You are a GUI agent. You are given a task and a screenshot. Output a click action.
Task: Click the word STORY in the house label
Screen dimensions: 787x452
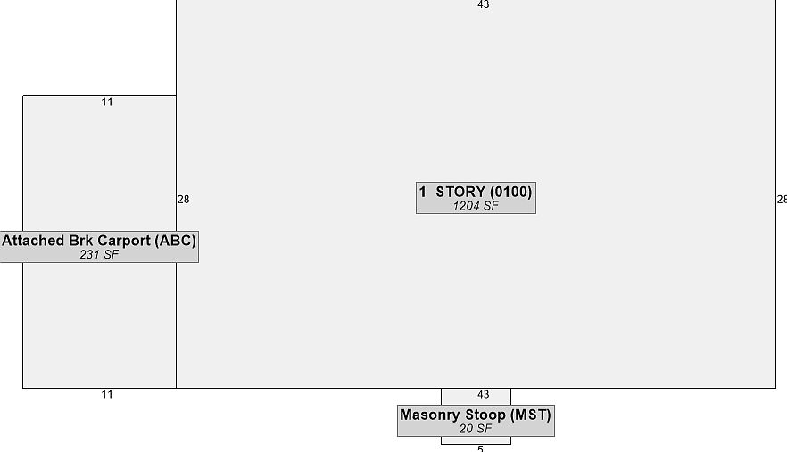(x=460, y=193)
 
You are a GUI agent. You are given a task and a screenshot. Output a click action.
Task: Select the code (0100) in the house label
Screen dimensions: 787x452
(x=511, y=193)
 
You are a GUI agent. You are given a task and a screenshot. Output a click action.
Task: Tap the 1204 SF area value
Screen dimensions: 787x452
(x=476, y=206)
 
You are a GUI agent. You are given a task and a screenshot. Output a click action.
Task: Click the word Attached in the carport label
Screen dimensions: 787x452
(x=32, y=241)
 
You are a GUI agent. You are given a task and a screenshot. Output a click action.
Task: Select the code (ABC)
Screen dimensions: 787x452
(x=175, y=241)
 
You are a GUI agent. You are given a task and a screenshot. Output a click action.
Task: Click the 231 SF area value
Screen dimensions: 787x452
(x=99, y=255)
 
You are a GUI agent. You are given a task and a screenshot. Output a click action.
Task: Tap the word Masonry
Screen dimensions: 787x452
(x=431, y=415)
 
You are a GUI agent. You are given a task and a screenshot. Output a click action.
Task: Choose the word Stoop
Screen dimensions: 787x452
(x=485, y=415)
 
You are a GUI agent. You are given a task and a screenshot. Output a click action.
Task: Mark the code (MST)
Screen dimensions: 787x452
(x=531, y=415)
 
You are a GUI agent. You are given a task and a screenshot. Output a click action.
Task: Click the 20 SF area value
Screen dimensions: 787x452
(x=476, y=429)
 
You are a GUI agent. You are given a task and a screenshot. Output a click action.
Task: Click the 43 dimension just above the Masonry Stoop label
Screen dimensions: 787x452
(x=484, y=394)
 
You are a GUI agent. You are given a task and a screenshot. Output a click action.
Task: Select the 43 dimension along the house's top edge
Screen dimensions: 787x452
(x=484, y=4)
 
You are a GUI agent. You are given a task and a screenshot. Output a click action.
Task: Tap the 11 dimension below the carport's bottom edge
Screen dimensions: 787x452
(x=107, y=394)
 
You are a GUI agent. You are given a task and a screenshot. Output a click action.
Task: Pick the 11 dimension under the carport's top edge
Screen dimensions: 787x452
(x=107, y=103)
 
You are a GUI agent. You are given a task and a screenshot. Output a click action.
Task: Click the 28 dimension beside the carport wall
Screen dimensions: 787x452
(x=184, y=200)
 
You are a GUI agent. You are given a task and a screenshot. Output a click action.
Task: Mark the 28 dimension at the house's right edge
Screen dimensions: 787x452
(x=782, y=200)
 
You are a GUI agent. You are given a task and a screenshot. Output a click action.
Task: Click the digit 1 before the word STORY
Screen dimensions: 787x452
(x=423, y=193)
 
